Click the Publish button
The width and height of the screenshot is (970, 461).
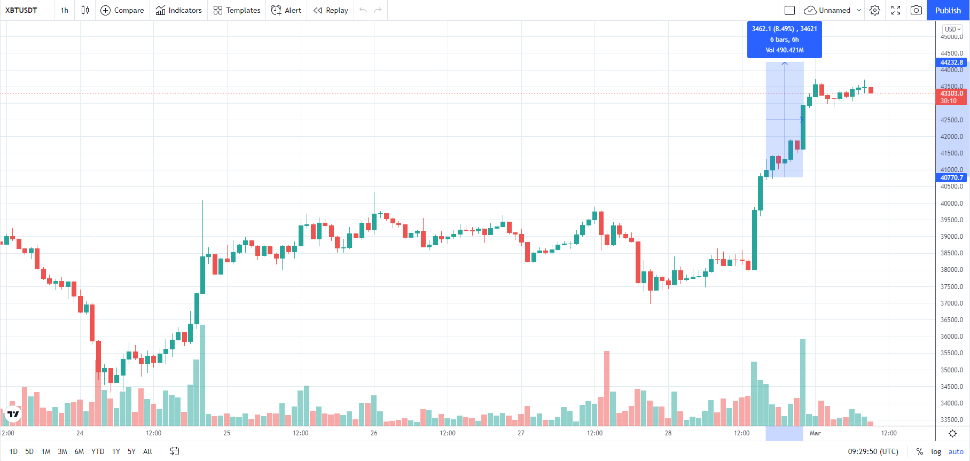click(x=948, y=10)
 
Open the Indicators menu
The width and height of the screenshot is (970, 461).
click(x=179, y=10)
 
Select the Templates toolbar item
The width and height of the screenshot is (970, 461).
click(x=237, y=10)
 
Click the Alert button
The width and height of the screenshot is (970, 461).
click(x=286, y=10)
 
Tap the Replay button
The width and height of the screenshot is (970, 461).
click(x=331, y=10)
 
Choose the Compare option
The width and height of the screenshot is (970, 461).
click(x=122, y=10)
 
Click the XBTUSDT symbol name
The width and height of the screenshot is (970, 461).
click(x=21, y=10)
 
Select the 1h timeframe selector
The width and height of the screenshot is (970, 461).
click(x=65, y=10)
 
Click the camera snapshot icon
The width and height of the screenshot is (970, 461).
click(x=916, y=10)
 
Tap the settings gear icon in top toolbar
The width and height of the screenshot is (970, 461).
click(x=875, y=10)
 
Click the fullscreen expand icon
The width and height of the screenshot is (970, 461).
click(x=896, y=10)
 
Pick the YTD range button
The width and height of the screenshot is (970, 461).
click(x=98, y=451)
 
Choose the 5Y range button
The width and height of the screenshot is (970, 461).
click(x=131, y=451)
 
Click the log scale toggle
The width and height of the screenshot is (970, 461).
click(x=936, y=451)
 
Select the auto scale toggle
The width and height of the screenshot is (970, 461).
click(x=956, y=451)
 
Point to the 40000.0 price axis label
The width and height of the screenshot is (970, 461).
click(x=952, y=203)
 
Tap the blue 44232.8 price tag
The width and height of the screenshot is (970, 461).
click(x=952, y=62)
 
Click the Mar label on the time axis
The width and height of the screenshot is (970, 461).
click(x=815, y=433)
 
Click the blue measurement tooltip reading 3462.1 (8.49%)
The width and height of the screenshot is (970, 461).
click(x=785, y=40)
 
